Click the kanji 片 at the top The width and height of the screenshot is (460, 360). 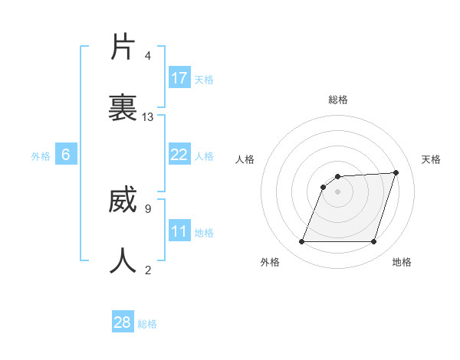[123, 47]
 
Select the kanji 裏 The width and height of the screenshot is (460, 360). [123, 107]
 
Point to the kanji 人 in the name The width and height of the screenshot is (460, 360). [123, 260]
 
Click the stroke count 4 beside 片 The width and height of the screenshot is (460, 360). [148, 56]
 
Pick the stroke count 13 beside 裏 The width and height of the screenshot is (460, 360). [148, 116]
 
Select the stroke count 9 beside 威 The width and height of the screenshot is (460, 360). [148, 208]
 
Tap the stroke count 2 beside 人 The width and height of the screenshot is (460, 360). [148, 270]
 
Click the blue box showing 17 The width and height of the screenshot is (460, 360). [179, 78]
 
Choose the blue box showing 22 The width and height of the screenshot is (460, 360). [179, 155]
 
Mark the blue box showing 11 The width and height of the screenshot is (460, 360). [179, 231]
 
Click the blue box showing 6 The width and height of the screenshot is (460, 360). [66, 155]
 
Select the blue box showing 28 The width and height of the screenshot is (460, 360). [123, 322]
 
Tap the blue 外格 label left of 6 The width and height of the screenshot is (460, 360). [41, 155]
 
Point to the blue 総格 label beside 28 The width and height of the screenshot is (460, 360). [147, 324]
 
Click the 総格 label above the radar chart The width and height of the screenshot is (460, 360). [338, 100]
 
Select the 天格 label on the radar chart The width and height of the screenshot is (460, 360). [431, 159]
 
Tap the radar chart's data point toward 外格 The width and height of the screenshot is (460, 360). [302, 242]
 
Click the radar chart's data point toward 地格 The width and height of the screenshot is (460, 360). [373, 242]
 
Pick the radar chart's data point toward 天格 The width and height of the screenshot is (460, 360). [396, 173]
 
